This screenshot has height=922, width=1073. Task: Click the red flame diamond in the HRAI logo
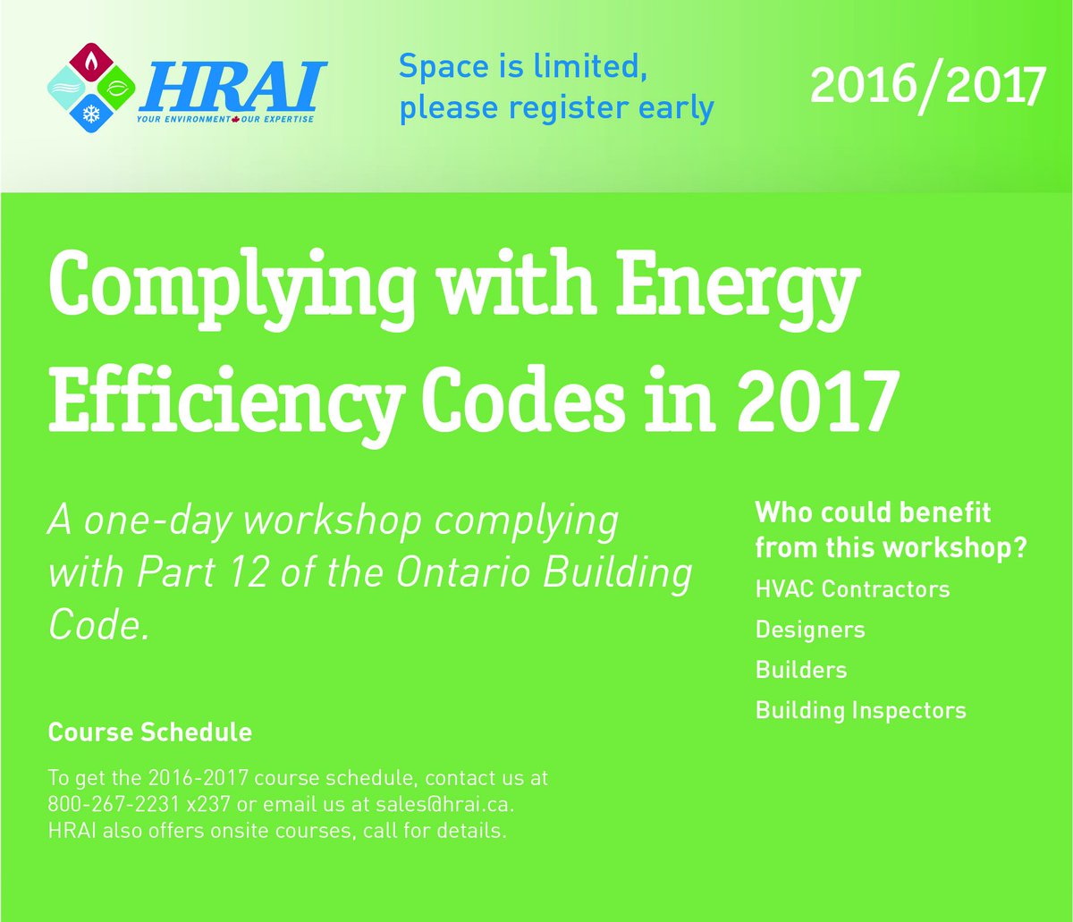pyautogui.click(x=91, y=63)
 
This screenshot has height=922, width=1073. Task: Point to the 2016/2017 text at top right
pyautogui.click(x=927, y=85)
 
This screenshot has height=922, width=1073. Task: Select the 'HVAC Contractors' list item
pyautogui.click(x=852, y=589)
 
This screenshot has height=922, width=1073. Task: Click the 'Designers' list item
pyautogui.click(x=810, y=630)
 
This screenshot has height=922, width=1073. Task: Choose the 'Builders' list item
pyautogui.click(x=801, y=670)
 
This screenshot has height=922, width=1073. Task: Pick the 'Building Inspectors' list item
pyautogui.click(x=861, y=710)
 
